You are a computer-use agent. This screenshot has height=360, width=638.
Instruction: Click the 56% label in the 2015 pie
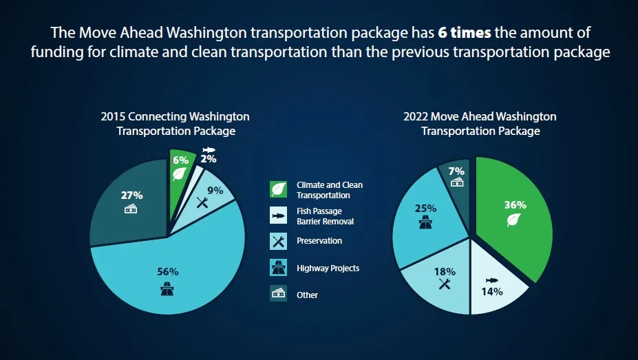click(x=169, y=271)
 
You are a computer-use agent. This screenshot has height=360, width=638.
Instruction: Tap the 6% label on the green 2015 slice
click(x=180, y=160)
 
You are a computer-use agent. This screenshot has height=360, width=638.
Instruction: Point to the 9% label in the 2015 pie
click(x=215, y=191)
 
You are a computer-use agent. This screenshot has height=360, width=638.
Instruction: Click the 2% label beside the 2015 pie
click(x=209, y=159)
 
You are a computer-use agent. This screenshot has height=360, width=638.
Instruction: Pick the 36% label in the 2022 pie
click(x=515, y=204)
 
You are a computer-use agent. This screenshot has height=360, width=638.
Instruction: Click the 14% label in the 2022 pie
click(x=492, y=291)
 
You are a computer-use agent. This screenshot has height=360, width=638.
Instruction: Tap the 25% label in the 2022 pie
click(x=425, y=207)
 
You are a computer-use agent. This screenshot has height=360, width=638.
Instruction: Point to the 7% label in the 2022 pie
click(x=456, y=171)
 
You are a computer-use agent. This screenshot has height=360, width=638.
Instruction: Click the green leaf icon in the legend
click(x=278, y=189)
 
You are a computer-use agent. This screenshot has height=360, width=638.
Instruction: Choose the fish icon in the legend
click(x=278, y=216)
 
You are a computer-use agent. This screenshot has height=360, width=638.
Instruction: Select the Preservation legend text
click(x=319, y=241)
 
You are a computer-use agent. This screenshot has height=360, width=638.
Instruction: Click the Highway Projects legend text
click(x=328, y=268)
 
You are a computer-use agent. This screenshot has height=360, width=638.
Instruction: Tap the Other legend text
click(x=308, y=295)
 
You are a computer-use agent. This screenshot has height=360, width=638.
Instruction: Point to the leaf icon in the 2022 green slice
click(x=514, y=220)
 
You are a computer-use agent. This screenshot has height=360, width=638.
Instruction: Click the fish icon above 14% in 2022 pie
click(x=491, y=280)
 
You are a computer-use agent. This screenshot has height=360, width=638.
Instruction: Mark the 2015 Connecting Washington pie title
click(x=175, y=124)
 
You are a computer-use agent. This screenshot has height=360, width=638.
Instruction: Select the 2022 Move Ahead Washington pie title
click(x=480, y=124)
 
